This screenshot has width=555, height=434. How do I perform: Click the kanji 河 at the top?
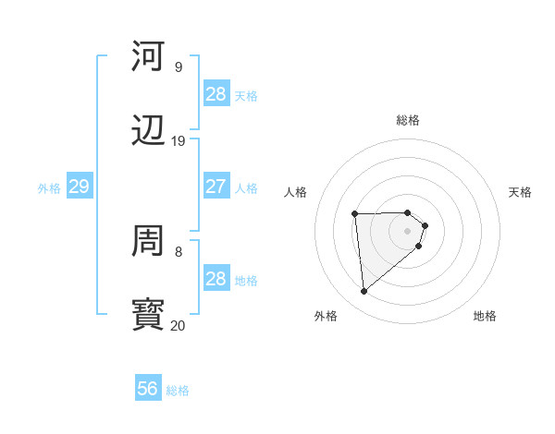click(150, 57)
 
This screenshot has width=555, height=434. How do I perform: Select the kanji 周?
click(150, 242)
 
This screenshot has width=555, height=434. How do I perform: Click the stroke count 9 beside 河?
click(178, 66)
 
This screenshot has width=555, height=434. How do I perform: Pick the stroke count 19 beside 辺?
click(178, 140)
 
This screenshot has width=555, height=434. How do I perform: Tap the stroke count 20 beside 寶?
click(178, 325)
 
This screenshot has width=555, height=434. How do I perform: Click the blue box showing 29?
click(79, 187)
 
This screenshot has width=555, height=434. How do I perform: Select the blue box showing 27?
click(216, 187)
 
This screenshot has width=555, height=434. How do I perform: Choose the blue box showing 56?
click(148, 389)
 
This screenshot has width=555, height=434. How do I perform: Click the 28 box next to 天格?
click(216, 94)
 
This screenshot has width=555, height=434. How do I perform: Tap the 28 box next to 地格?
click(216, 279)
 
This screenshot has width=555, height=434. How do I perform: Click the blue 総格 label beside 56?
click(178, 391)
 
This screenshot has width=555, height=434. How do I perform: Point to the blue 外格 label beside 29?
click(49, 188)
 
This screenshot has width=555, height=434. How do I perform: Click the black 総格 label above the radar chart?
click(408, 120)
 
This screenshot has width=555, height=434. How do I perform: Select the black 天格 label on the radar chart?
click(520, 192)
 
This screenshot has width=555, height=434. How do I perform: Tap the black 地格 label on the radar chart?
click(485, 316)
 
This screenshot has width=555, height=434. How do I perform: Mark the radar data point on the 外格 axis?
click(364, 292)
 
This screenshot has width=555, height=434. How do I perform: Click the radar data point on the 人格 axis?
click(355, 215)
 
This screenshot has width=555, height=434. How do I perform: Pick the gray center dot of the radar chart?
click(408, 231)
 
